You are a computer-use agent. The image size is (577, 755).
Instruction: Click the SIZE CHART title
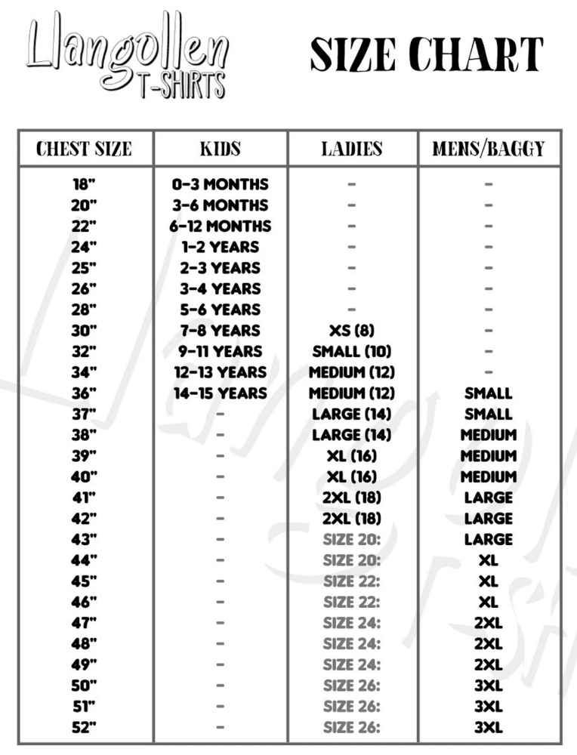(x=427, y=54)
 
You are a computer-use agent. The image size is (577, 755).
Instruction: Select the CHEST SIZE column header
(x=84, y=149)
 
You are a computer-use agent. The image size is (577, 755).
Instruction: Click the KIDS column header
(x=220, y=149)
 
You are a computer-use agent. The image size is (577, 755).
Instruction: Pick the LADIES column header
(x=352, y=149)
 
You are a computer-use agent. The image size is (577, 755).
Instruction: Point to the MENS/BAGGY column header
(x=489, y=149)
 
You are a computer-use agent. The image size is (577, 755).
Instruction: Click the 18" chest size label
(x=84, y=184)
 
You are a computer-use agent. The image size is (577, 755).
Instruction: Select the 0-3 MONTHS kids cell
(x=220, y=184)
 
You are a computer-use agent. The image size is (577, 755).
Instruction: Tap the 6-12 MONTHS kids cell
(x=220, y=226)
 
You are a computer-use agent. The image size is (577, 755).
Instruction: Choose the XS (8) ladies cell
(x=352, y=331)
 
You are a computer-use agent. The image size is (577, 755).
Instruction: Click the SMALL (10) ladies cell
(x=352, y=352)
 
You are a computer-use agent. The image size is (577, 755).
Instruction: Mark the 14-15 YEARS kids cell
(x=220, y=393)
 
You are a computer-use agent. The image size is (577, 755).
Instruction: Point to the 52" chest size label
(x=84, y=728)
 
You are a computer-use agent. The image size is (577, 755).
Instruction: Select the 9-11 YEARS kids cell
(x=220, y=352)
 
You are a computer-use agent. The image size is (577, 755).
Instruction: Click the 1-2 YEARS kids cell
(x=220, y=247)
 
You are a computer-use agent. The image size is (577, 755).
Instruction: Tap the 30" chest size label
(x=84, y=331)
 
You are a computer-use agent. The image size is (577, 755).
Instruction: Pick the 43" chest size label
(x=84, y=540)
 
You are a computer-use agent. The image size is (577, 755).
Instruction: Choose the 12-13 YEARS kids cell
(x=220, y=372)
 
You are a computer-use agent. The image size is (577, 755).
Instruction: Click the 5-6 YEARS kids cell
(x=220, y=310)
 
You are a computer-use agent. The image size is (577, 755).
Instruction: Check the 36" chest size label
(x=84, y=393)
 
